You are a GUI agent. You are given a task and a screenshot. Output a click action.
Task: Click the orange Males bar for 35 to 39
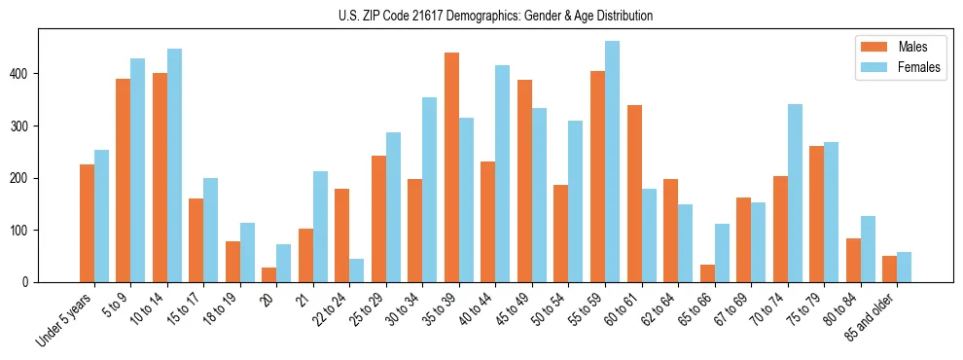coord(451,167)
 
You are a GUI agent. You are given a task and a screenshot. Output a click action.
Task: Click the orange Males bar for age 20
coord(269,274)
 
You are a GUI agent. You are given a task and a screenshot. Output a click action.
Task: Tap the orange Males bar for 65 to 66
coord(707,273)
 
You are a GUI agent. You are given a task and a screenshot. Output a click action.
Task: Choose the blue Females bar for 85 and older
coord(904,268)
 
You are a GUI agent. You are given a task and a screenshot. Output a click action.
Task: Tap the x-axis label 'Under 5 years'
coord(64,319)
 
